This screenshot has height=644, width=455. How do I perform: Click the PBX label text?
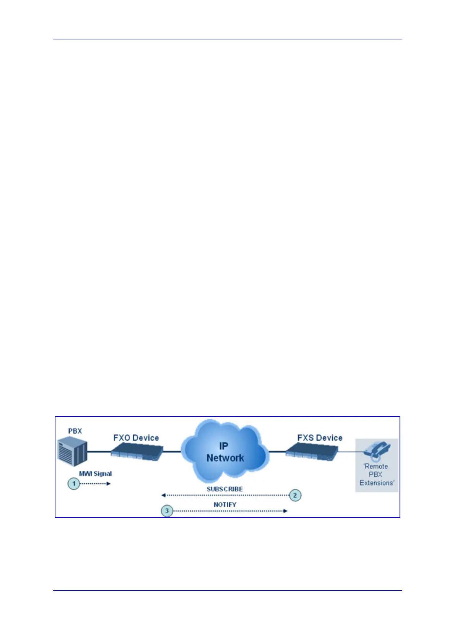coord(75,431)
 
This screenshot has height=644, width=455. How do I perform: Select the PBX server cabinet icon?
coord(72,453)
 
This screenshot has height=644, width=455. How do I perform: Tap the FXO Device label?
coord(136,438)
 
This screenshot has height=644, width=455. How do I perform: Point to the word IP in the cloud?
coord(224,446)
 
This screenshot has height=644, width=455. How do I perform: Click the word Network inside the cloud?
coord(225,458)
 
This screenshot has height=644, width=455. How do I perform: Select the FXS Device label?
coord(320,438)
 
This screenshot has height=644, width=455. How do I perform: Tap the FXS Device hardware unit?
coord(312,452)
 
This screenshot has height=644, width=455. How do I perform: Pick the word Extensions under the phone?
coord(377,483)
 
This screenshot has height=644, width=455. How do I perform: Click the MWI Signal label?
coord(95,474)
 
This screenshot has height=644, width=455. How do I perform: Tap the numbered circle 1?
coord(74,484)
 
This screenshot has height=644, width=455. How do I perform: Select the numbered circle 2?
coord(295,495)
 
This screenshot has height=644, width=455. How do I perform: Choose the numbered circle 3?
coord(167,511)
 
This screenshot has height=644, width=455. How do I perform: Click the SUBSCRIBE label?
coord(225,489)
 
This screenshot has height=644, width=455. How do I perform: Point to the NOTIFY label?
coord(225,505)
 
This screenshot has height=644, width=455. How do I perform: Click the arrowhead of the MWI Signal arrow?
coord(109,484)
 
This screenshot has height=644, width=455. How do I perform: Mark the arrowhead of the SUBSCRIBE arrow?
coord(163,495)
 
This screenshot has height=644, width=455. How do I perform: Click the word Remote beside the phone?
coord(376,467)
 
